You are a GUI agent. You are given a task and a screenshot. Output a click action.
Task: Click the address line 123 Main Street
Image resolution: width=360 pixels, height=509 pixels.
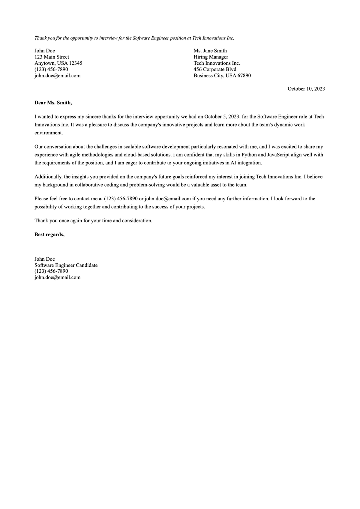pos(52,57)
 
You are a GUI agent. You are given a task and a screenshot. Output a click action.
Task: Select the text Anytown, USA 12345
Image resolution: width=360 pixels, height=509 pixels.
pos(58,63)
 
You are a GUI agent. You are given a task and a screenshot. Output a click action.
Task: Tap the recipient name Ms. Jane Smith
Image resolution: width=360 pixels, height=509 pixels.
pos(210,51)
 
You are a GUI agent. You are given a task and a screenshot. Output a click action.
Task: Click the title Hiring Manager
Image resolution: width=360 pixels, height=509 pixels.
pos(211,57)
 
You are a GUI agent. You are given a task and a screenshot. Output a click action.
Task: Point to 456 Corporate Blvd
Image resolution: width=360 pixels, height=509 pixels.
pos(215,69)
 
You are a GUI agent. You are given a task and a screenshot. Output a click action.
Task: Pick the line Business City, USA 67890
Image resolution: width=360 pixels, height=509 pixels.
pos(222,76)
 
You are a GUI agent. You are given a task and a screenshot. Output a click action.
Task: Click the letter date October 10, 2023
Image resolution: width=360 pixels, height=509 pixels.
pos(306,89)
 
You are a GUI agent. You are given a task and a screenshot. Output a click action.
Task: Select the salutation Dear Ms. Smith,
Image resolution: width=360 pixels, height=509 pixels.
pos(53,103)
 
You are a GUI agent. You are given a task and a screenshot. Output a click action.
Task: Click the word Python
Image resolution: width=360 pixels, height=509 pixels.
pos(249,155)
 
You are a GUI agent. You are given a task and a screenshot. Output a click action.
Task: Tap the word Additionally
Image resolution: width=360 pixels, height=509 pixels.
pos(48,177)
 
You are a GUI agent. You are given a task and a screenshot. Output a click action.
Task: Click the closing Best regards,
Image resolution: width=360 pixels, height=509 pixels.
pos(49,235)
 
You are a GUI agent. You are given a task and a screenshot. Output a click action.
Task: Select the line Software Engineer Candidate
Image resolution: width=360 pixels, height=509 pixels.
pos(66,265)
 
